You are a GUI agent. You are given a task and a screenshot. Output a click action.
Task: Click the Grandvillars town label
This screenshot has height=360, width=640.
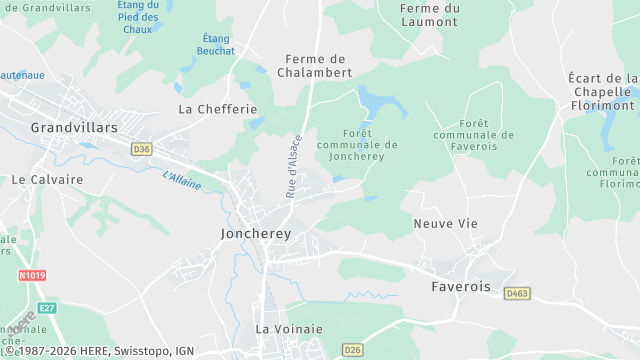(x=74, y=128)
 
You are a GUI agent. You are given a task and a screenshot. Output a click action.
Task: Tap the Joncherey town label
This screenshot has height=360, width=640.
(x=255, y=233)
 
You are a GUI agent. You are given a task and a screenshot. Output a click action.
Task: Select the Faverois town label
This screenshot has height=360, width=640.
(x=460, y=286)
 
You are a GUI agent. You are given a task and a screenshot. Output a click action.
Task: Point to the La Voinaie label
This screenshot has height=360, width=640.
(x=289, y=328)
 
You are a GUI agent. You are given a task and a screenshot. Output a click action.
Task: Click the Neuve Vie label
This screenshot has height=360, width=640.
(x=443, y=224)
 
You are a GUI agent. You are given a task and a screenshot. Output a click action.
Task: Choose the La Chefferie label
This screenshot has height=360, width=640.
(x=218, y=108)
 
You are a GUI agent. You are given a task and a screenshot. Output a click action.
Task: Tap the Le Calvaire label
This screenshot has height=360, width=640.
(x=47, y=180)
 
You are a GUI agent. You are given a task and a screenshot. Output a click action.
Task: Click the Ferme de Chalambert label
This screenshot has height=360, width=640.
(x=319, y=66)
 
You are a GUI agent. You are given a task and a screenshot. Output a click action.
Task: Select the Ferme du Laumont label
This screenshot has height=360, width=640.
(x=430, y=15)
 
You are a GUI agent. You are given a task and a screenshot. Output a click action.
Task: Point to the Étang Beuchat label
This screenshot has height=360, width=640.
(x=216, y=44)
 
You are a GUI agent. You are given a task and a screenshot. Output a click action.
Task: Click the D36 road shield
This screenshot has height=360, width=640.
(x=141, y=149)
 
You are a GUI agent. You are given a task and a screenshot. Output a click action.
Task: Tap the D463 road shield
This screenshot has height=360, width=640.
(x=516, y=293)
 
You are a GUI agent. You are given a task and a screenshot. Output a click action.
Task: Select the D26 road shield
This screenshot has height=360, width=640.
(x=352, y=349)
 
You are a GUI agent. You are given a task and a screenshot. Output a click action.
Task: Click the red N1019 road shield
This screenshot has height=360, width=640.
(x=32, y=274)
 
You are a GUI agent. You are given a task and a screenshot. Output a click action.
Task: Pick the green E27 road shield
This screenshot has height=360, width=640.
(x=47, y=308)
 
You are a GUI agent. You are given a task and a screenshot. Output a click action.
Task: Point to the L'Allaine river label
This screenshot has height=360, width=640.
(x=181, y=181)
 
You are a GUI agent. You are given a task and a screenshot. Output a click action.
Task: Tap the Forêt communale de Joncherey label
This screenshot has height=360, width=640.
(x=356, y=144)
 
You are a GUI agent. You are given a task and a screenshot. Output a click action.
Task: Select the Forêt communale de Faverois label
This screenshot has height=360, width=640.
(x=475, y=135)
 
